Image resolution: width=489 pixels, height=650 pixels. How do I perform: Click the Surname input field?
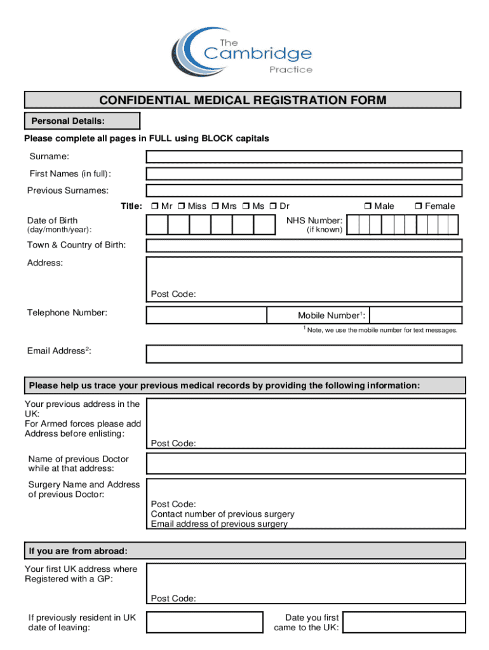pos(304,157)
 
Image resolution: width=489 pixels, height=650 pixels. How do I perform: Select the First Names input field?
pos(304,174)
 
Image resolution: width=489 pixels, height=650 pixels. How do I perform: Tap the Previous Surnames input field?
pos(304,190)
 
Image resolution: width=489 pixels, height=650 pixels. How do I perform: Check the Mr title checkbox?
pos(155,206)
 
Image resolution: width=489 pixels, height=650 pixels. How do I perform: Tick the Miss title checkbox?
pos(181,206)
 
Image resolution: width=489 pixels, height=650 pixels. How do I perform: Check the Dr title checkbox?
pos(273,206)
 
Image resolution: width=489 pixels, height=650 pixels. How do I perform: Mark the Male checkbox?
pos(368,206)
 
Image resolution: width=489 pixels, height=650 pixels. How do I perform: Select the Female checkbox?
pos(418,206)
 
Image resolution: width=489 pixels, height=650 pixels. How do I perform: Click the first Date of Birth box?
pos(157,225)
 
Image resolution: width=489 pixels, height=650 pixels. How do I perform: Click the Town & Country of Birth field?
pos(304,246)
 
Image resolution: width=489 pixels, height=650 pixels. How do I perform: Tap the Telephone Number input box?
pos(206,315)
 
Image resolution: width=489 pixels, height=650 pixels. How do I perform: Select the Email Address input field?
pos(304,354)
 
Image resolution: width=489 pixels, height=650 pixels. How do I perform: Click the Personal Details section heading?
pos(82,121)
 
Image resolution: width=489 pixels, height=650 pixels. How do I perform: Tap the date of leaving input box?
pos(204,622)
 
